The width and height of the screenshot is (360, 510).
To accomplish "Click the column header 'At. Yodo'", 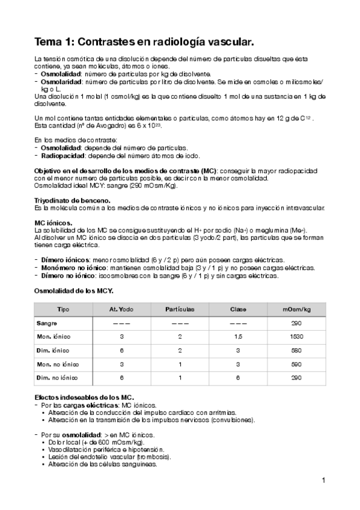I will [x=121, y=309].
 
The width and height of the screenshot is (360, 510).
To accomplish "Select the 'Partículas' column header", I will [x=180, y=309].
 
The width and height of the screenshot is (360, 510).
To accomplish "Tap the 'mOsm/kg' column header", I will [x=296, y=309].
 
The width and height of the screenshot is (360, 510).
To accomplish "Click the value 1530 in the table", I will [x=296, y=337].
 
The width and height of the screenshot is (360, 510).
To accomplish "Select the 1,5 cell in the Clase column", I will [x=238, y=337].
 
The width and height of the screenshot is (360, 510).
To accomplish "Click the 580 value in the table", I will [x=296, y=351].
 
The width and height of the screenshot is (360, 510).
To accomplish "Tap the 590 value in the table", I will [x=296, y=364].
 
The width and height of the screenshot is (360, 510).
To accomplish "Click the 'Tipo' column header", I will [x=63, y=309].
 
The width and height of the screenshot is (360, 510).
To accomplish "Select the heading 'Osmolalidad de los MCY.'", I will [x=73, y=292].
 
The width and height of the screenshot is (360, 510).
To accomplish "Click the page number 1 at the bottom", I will [x=323, y=480].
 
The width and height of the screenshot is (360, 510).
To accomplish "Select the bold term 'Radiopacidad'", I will [x=60, y=155].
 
